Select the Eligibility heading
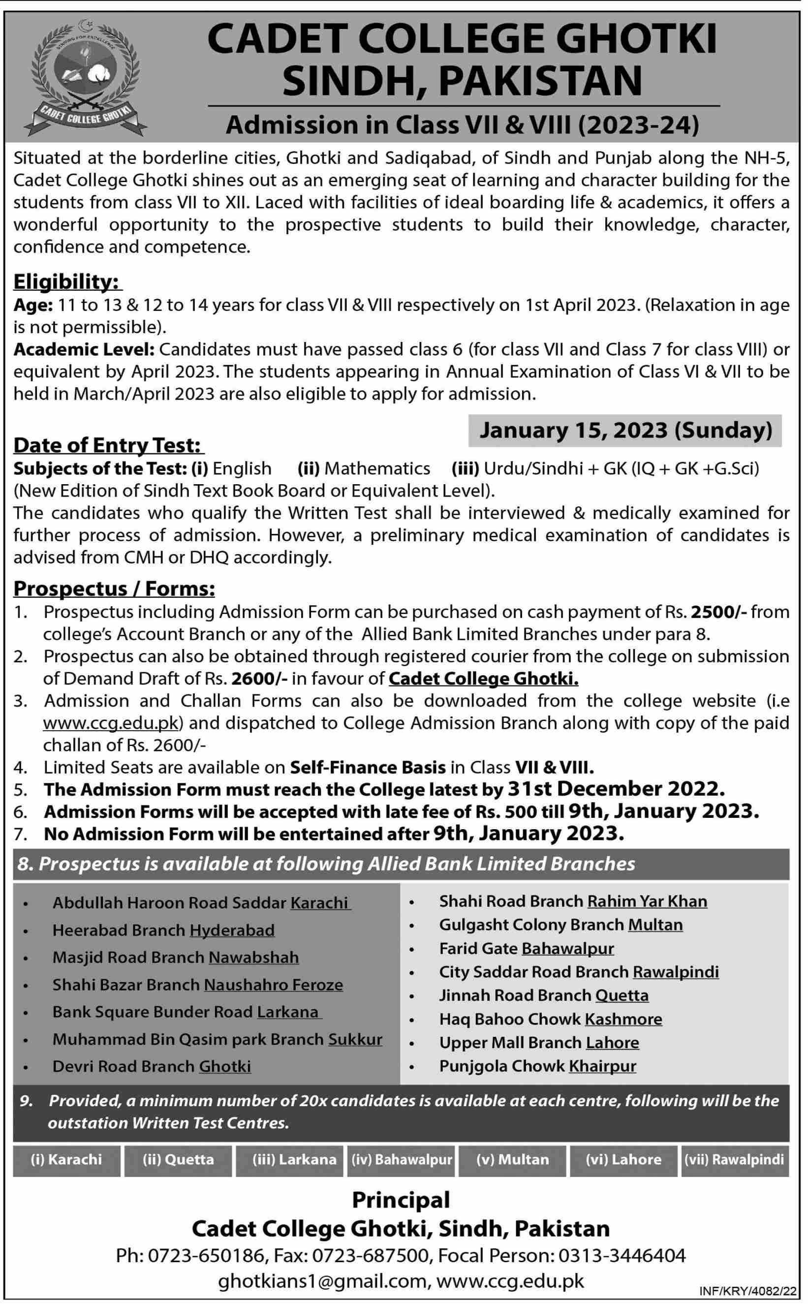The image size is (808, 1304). [x=67, y=281]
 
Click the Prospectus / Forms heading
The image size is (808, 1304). [x=114, y=588]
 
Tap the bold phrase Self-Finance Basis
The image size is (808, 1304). [x=368, y=768]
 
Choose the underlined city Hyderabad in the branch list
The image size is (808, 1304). [x=232, y=930]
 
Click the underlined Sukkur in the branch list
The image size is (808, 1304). [x=355, y=1039]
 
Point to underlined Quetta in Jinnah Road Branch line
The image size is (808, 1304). [x=622, y=995]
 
